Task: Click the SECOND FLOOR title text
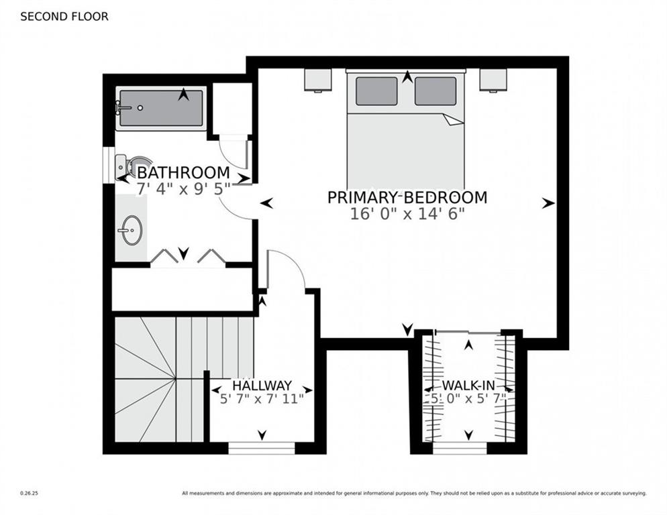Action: click(64, 17)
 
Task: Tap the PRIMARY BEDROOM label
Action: click(407, 197)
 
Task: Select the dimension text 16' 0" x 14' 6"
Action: click(407, 214)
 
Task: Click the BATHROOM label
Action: click(183, 172)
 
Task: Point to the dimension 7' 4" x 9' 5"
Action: click(183, 188)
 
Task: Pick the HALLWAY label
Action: click(262, 386)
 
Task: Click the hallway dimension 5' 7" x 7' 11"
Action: click(262, 398)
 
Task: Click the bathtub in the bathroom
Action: click(160, 108)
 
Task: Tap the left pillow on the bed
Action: click(376, 91)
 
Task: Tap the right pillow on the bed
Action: click(435, 91)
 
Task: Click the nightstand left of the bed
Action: click(318, 80)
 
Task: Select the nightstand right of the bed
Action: click(493, 80)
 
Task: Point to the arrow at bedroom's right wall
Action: click(549, 203)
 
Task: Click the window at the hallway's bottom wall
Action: click(262, 447)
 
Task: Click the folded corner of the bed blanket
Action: click(454, 119)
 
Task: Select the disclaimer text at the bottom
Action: click(414, 494)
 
